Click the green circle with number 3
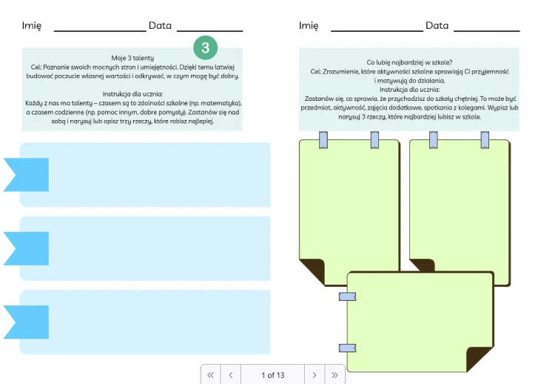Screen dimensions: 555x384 [205, 47]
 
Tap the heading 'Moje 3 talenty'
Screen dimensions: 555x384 [132, 58]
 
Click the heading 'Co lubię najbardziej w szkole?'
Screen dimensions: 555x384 [409, 62]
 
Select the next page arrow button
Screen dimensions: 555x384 [314, 375]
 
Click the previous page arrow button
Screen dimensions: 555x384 [231, 375]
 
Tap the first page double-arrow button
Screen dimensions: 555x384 [211, 375]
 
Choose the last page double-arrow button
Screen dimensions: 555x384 [334, 375]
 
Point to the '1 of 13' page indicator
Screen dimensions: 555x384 [273, 375]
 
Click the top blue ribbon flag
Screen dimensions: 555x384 [26, 175]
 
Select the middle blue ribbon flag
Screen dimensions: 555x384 [26, 248]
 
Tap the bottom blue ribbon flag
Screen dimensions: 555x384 [26, 322]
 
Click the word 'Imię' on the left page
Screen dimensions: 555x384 [32, 26]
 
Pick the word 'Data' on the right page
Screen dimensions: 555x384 [437, 25]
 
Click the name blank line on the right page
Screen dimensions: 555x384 [377, 31]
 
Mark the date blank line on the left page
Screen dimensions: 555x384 [210, 31]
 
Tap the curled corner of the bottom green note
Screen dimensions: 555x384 [478, 357]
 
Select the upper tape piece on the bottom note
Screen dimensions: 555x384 [347, 297]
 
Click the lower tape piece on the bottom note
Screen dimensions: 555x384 [347, 348]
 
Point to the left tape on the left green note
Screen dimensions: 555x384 [323, 139]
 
